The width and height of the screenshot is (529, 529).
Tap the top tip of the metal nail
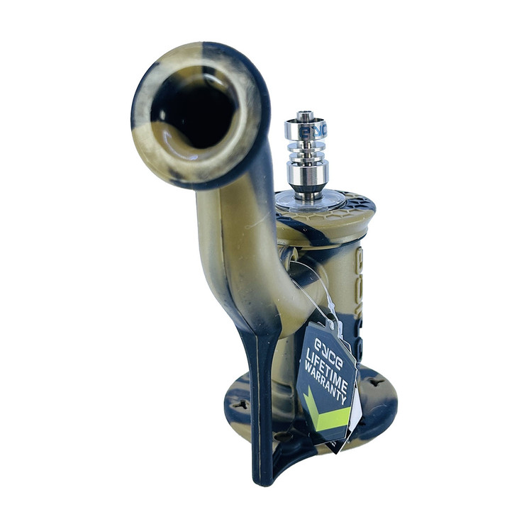(x=305, y=113)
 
